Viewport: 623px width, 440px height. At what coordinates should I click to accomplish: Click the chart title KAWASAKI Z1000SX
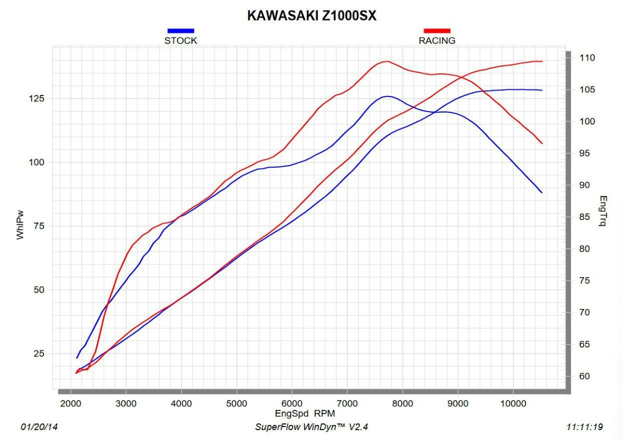[x=311, y=16]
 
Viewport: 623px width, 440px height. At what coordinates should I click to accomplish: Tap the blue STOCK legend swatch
[x=181, y=31]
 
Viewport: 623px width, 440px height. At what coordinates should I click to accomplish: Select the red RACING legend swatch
[x=437, y=31]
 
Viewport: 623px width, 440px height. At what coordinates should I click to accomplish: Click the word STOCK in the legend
[x=181, y=40]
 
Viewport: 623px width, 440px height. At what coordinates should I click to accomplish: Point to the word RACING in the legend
[x=437, y=40]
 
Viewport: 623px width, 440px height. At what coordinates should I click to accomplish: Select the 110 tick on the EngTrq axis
[x=588, y=58]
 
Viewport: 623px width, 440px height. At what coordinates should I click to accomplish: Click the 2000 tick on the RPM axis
[x=71, y=404]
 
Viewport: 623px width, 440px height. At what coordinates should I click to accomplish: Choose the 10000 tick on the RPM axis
[x=513, y=404]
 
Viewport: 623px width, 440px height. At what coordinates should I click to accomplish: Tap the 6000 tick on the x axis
[x=292, y=404]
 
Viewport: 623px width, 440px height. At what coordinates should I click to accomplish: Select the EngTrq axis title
[x=603, y=211]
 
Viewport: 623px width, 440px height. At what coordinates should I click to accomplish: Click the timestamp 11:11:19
[x=585, y=428]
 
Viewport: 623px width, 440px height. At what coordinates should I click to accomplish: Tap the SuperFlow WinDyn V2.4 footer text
[x=311, y=428]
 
